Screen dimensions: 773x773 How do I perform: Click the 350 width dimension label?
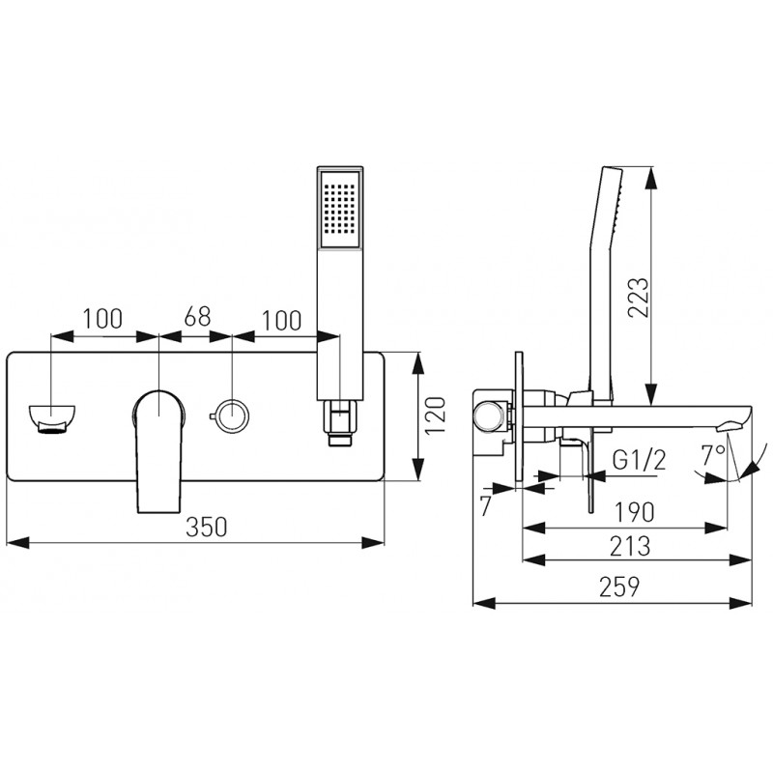[207, 527]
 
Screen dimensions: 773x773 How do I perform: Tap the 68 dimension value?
[197, 317]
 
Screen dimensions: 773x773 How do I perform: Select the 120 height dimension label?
[435, 415]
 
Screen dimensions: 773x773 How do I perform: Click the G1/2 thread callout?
[640, 461]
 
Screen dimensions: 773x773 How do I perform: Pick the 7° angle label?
[714, 454]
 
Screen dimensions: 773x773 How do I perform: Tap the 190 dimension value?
[634, 512]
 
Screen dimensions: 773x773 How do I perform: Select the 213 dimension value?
[630, 546]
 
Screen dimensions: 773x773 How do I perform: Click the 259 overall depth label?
[619, 587]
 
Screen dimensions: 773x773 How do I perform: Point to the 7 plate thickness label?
[486, 505]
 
